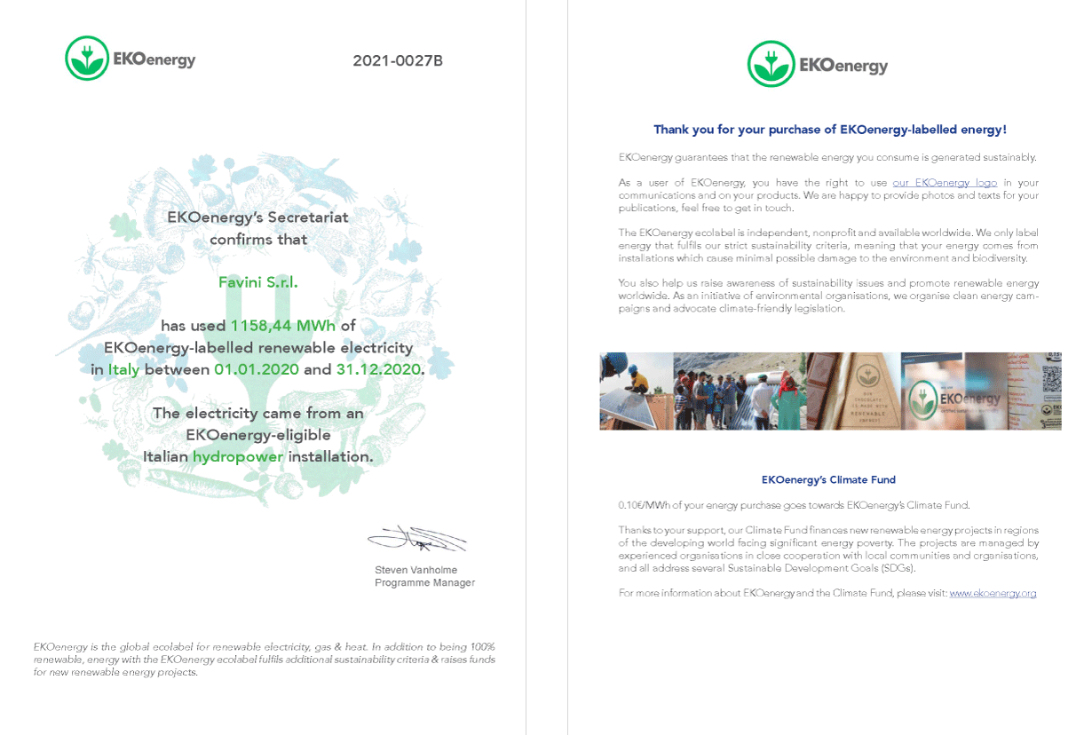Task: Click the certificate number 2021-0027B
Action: [x=397, y=61]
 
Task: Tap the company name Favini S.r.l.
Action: [x=258, y=282]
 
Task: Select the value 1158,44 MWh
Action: [x=283, y=326]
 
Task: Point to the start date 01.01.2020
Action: [x=257, y=369]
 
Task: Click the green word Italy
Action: [x=124, y=369]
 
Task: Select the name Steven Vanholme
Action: [x=415, y=570]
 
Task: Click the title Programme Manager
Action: [x=424, y=583]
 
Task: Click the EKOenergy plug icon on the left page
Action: [x=87, y=59]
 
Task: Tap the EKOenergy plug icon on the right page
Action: [x=771, y=64]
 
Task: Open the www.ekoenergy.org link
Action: [x=993, y=593]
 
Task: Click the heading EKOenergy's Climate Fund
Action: [x=828, y=479]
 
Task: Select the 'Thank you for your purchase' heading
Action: [x=829, y=130]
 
